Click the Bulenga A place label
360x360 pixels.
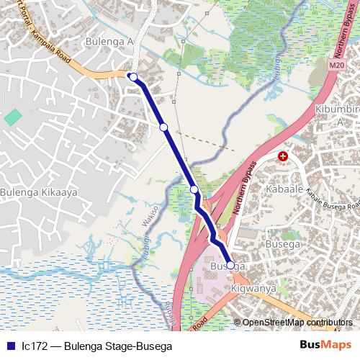(110, 42)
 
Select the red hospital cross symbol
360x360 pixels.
(283, 156)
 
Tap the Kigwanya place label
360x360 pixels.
(253, 289)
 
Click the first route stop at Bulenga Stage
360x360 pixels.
(133, 76)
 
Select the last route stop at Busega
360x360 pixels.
(230, 265)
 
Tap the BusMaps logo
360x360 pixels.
(323, 345)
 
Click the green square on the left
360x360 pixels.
(13, 117)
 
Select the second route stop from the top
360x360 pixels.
(163, 127)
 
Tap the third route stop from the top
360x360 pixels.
(194, 189)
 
